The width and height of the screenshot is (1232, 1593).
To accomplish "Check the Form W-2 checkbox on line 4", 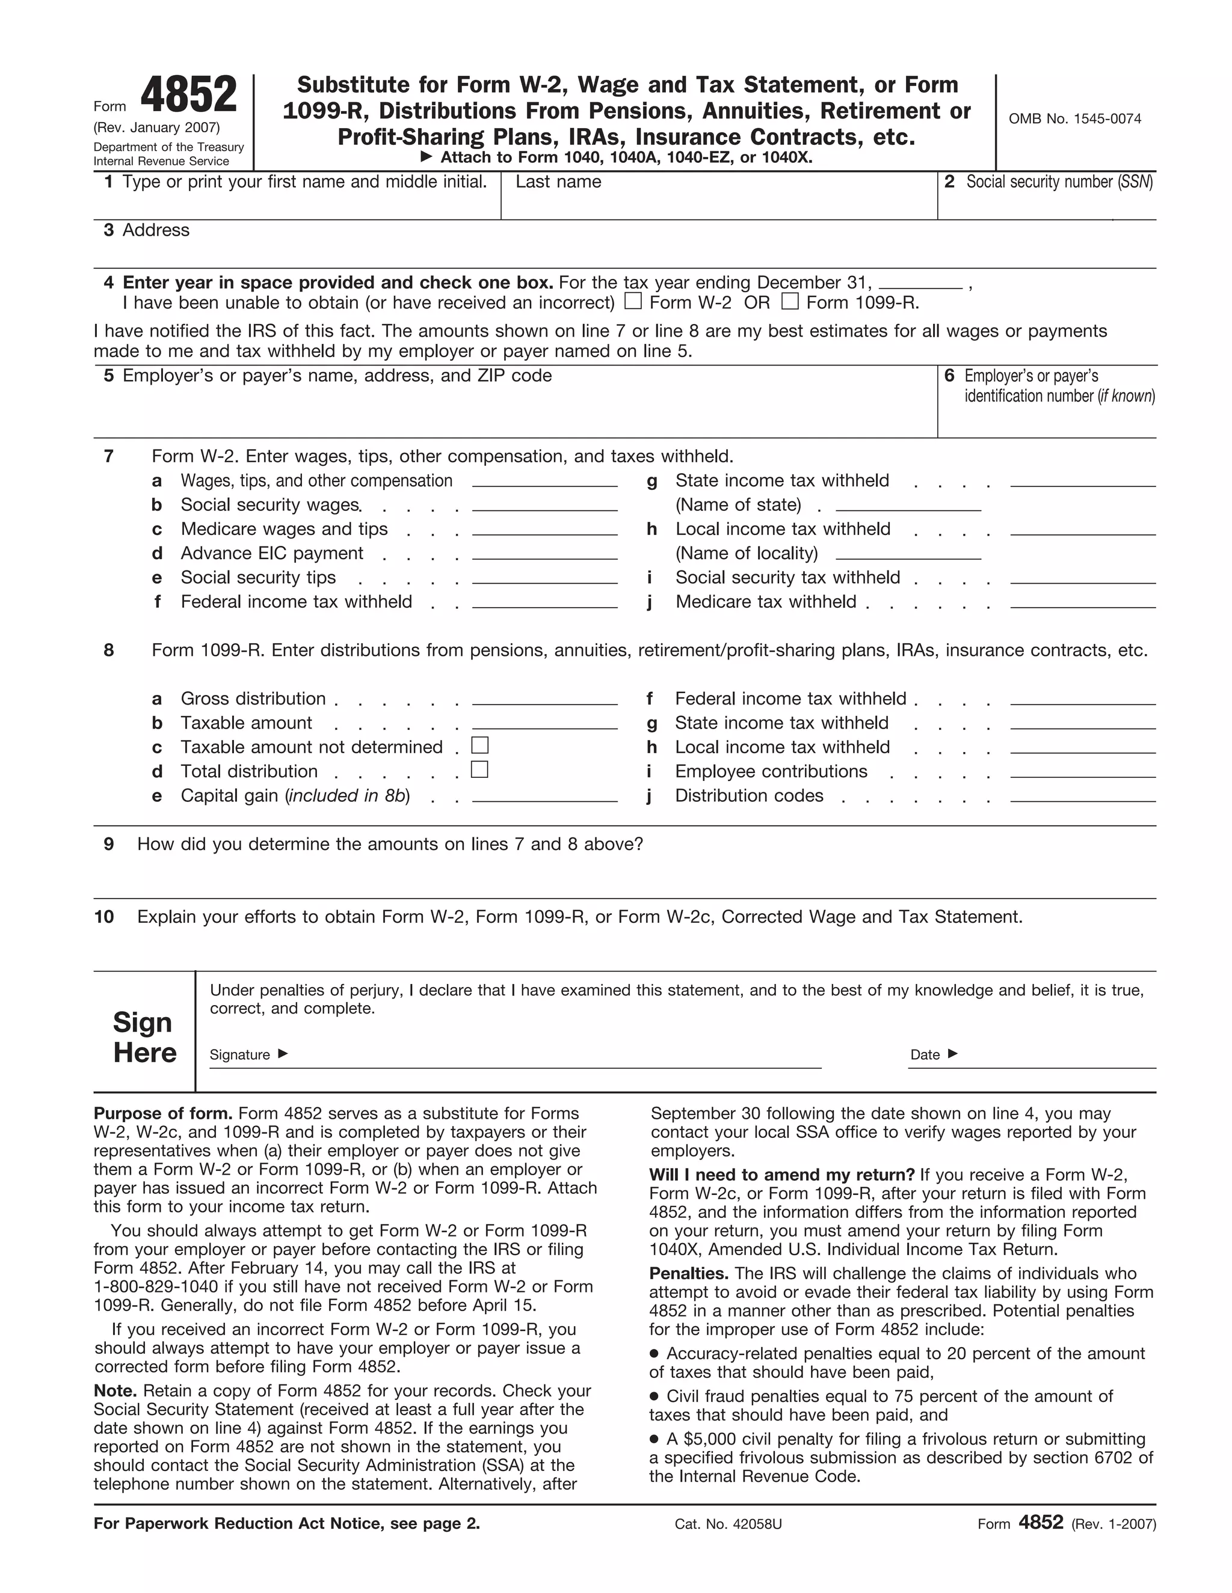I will (x=633, y=301).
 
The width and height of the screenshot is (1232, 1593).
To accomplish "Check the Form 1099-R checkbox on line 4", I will (x=790, y=301).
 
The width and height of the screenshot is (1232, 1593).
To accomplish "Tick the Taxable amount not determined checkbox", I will (x=479, y=745).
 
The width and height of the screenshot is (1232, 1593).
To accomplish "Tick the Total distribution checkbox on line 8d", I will (x=479, y=769).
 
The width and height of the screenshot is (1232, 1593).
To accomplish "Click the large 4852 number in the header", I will (x=189, y=96).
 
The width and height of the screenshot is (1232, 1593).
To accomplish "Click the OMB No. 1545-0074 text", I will (x=1074, y=119).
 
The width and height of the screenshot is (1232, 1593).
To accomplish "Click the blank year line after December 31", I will (x=920, y=284).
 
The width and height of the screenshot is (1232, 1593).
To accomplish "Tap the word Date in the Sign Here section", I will (x=925, y=1055).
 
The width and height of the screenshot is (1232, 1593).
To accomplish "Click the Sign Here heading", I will (x=144, y=1037).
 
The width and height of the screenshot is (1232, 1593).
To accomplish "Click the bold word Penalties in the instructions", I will (x=688, y=1274).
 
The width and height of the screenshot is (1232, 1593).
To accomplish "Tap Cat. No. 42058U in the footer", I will (x=728, y=1524).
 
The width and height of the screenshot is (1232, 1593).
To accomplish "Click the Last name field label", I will (x=558, y=182).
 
